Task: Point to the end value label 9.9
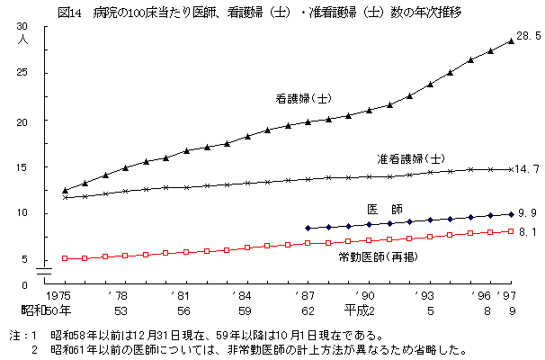[x=527, y=212]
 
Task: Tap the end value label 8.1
[x=527, y=232]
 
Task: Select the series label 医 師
[x=384, y=209]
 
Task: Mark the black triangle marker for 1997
[x=511, y=40]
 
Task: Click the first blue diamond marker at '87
[x=308, y=229]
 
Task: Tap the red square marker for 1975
[x=65, y=258]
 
